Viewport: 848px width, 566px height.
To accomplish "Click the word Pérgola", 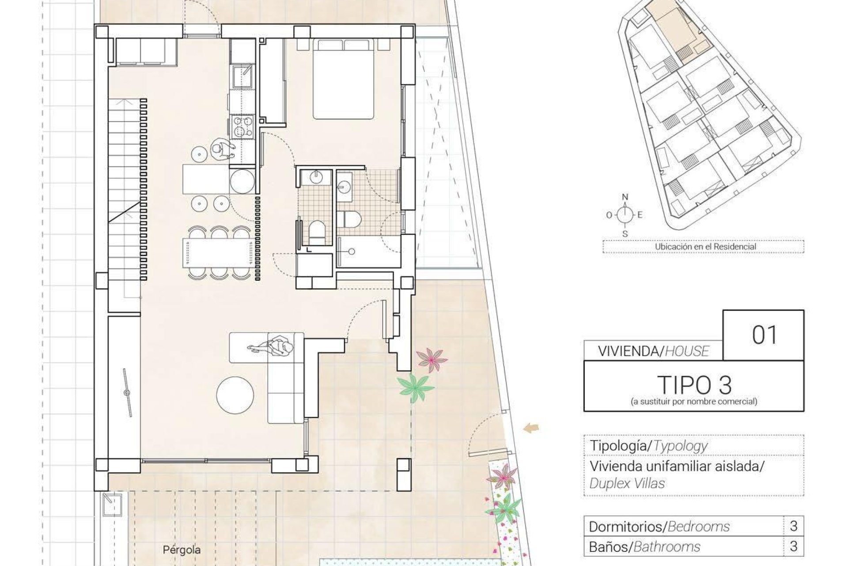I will (x=182, y=550).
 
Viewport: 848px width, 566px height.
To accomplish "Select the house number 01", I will (x=764, y=335).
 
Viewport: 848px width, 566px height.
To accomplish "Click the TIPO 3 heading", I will (x=694, y=385).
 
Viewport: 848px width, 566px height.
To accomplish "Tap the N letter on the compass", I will (x=625, y=197).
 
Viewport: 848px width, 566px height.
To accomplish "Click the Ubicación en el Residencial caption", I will (x=705, y=247).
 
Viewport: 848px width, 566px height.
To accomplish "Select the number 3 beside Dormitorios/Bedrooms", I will (x=793, y=526).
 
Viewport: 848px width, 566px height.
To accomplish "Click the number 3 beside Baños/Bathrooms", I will (x=793, y=546).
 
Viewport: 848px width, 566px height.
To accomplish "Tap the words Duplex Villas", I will (x=627, y=483).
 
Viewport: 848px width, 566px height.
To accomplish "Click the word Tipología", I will (x=617, y=446).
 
